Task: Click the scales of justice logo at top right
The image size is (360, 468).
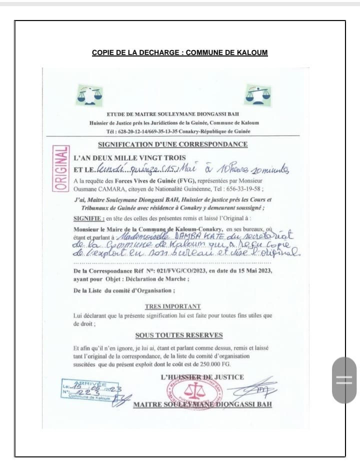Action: point(258,94)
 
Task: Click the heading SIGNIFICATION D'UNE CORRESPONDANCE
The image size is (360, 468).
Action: point(172,144)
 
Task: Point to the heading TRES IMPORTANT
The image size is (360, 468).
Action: point(172,306)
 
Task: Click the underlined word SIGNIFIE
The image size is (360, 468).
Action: point(88,218)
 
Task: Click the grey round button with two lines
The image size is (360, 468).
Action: point(344,380)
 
